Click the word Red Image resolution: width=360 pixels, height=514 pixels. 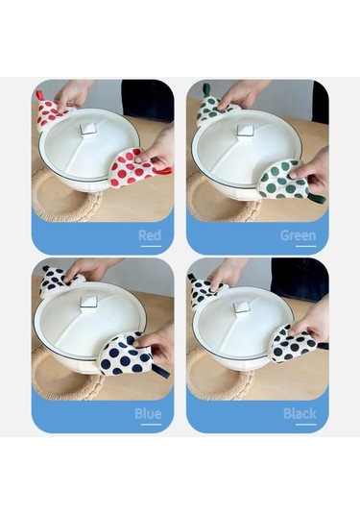click(x=150, y=235)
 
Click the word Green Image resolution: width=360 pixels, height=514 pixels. click(x=299, y=235)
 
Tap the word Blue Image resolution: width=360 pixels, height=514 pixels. click(x=148, y=414)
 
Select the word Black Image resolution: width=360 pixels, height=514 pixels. click(x=300, y=414)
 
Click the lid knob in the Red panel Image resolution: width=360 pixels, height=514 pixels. click(x=88, y=129)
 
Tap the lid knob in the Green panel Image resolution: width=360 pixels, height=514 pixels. click(x=245, y=131)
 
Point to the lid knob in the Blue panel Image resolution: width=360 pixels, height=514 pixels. click(x=89, y=304)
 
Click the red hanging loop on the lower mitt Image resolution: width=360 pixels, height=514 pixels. click(x=163, y=172)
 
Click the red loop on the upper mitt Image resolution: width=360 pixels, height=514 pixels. click(x=39, y=96)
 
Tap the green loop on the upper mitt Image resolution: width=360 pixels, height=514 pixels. click(x=206, y=88)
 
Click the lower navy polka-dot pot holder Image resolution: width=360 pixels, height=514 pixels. click(x=126, y=354)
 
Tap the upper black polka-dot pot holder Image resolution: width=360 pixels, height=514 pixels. click(x=203, y=290)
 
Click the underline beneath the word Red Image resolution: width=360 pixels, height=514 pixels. click(x=151, y=246)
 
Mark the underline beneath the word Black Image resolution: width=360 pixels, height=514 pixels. click(x=305, y=425)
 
